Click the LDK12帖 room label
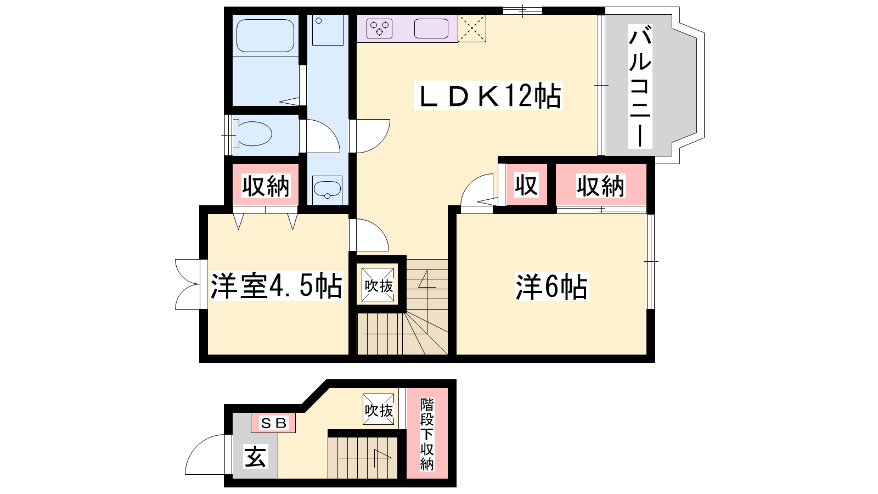point(488,96)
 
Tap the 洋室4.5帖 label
point(277,285)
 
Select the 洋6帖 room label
point(551,287)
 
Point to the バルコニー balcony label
point(640,86)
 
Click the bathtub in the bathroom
point(266,35)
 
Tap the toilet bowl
point(253,134)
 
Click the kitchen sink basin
point(431,28)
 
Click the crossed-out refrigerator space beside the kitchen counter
point(472,28)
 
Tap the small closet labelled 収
point(526,184)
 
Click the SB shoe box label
point(274,423)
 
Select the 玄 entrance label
point(256,457)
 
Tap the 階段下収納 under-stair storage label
point(427,434)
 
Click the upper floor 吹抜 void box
point(378,285)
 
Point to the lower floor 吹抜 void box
point(379,409)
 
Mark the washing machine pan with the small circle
point(328,31)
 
